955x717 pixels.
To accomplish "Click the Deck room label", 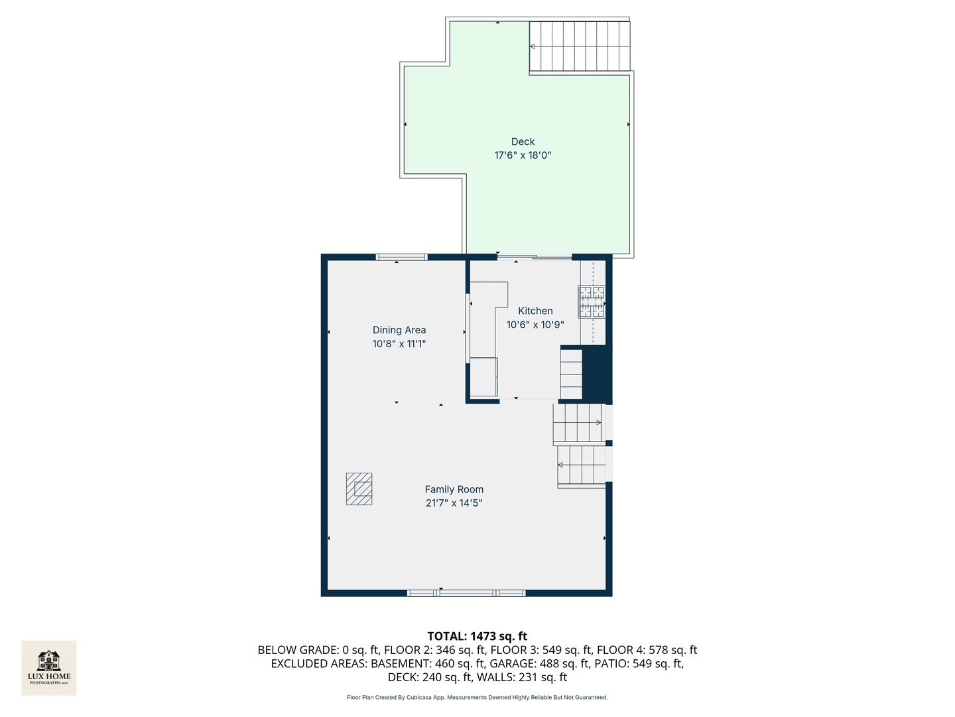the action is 523,141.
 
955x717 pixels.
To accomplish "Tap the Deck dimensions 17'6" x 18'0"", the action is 523,155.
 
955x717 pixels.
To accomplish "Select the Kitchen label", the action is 535,311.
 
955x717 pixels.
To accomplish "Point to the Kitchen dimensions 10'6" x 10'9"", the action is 535,325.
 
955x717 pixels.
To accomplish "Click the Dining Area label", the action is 399,330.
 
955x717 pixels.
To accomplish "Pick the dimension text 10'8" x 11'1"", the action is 399,343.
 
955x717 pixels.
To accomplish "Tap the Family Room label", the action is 454,489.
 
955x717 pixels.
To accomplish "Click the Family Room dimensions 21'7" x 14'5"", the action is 454,503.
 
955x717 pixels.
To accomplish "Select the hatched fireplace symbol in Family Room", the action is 359,489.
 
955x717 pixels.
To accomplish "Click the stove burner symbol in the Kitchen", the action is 592,301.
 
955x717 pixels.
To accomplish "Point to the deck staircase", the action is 580,46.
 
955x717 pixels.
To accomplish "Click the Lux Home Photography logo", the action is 48,668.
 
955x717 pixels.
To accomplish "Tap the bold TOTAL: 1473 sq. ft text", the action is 477,636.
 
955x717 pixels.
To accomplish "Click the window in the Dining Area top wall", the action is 402,257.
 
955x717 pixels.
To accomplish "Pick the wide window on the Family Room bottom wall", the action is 466,593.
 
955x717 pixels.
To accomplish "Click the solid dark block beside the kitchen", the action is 597,374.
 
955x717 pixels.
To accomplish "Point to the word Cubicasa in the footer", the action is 419,697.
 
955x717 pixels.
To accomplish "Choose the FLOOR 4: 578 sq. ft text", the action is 647,650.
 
